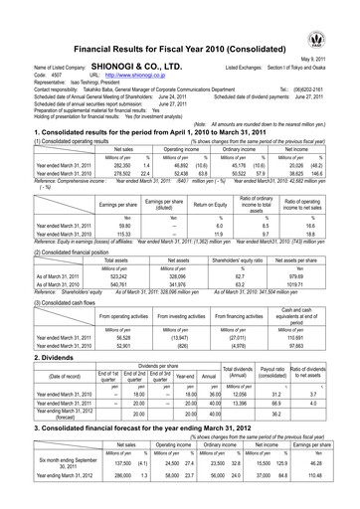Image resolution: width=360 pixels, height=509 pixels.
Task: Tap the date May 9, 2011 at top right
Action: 335,57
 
